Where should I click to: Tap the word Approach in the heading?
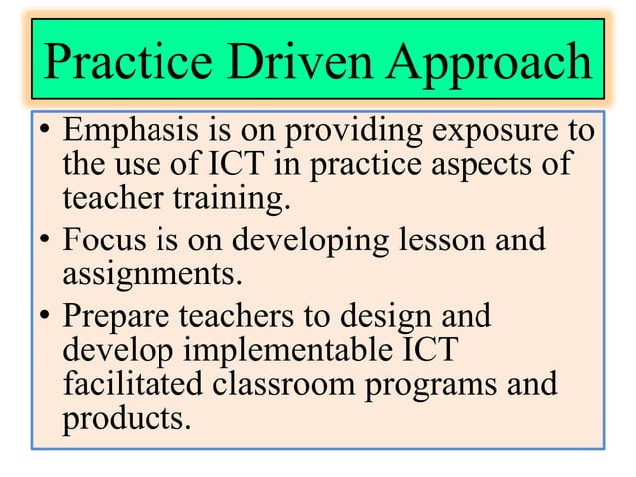488,64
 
